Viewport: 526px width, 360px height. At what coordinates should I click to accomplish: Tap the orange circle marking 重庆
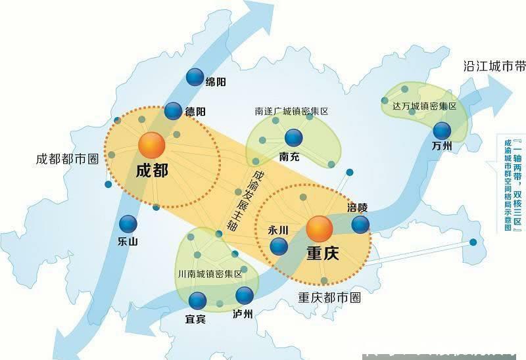click(320, 229)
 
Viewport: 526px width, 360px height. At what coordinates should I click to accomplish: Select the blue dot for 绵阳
click(195, 78)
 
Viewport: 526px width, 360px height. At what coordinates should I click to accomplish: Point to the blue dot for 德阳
click(173, 111)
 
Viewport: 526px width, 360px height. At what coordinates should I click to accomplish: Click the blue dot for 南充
click(293, 137)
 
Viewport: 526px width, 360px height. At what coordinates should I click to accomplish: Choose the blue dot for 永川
click(279, 246)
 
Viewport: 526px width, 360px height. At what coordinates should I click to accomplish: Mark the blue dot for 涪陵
click(360, 225)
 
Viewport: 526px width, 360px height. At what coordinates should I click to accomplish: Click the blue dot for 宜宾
click(197, 301)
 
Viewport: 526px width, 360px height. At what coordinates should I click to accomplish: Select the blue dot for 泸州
click(244, 295)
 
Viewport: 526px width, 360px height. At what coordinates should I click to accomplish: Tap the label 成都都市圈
click(67, 159)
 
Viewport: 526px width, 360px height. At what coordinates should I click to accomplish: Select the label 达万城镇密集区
click(424, 106)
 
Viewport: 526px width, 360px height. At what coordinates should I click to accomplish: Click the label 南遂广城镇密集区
click(291, 111)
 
